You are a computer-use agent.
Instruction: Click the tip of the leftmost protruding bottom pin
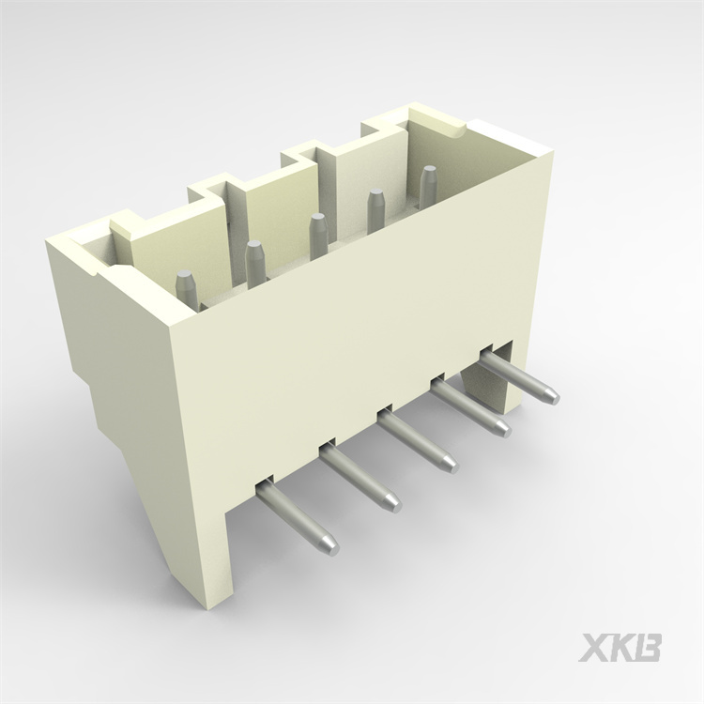pos(328,544)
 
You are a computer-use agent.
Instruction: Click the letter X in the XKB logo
pos(594,648)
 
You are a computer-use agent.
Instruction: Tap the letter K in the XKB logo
pos(621,648)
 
